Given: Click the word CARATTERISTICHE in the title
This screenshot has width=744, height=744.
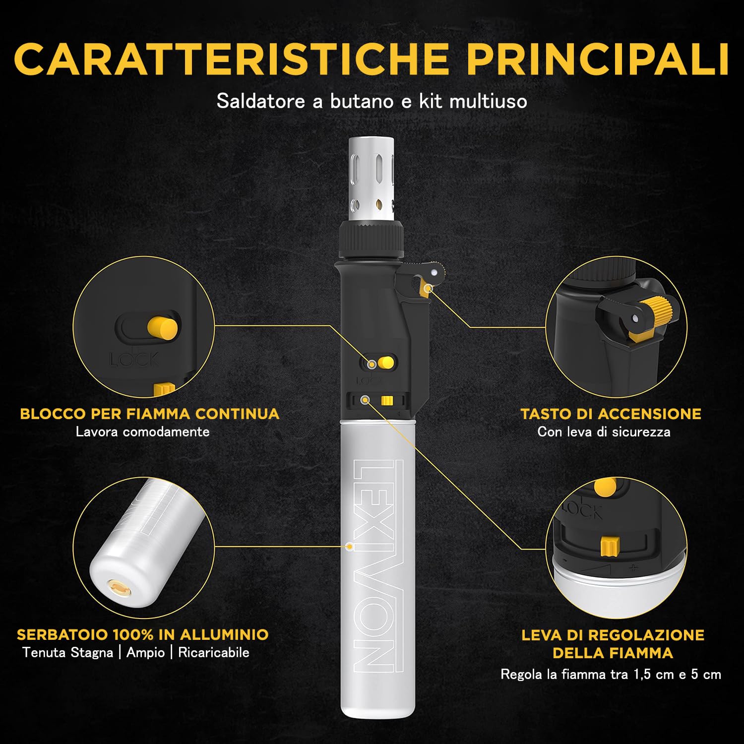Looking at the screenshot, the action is [232, 59].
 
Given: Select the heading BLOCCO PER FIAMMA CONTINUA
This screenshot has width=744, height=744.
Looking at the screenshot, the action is [150, 414].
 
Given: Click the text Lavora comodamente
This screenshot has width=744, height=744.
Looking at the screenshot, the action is [142, 432].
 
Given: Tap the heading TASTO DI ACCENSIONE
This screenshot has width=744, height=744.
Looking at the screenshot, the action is [611, 414].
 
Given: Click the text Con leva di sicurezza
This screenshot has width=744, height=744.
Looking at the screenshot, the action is [604, 432].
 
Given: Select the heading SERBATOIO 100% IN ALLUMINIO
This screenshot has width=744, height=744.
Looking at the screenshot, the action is [143, 634].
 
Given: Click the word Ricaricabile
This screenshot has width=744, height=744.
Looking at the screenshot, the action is [214, 652].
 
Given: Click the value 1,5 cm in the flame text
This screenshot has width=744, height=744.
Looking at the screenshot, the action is [653, 675].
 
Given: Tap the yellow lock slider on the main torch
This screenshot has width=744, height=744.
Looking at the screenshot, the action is [386, 363].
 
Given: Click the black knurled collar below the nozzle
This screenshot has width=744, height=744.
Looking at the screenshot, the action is [372, 240].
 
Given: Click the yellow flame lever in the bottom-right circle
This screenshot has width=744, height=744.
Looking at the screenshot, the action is [609, 547].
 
